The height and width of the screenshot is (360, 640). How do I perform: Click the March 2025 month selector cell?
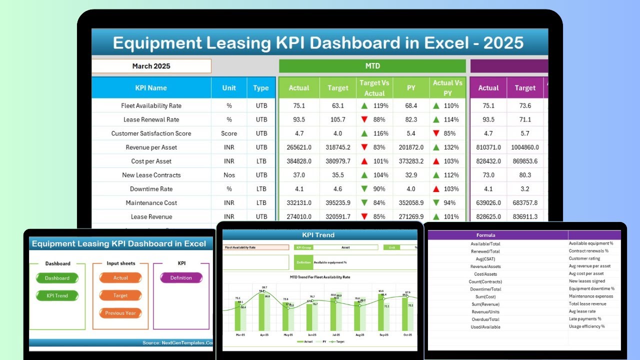(x=151, y=66)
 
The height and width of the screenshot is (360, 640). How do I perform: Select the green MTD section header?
(x=372, y=66)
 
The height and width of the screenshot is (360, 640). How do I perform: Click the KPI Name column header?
(x=151, y=88)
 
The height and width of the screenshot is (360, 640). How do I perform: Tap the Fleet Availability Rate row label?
(x=151, y=106)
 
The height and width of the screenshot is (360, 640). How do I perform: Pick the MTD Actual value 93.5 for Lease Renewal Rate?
(x=299, y=120)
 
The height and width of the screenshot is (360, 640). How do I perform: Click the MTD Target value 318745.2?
(x=338, y=147)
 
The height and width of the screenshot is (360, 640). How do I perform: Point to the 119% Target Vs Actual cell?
(x=374, y=106)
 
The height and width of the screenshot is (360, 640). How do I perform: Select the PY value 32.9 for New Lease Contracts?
(x=411, y=175)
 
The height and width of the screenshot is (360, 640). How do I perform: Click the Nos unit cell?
(x=229, y=175)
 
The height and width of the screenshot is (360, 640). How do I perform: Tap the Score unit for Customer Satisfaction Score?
(x=229, y=133)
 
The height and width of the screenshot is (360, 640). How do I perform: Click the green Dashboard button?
(x=57, y=278)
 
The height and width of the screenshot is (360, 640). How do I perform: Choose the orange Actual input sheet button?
(x=120, y=278)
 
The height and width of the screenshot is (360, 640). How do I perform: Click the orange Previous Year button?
(x=120, y=313)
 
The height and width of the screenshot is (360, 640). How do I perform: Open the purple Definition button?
(x=181, y=278)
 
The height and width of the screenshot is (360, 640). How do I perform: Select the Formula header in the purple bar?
(x=485, y=235)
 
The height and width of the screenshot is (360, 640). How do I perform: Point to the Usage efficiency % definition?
(x=586, y=326)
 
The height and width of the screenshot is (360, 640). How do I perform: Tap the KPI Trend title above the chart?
(x=318, y=235)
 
